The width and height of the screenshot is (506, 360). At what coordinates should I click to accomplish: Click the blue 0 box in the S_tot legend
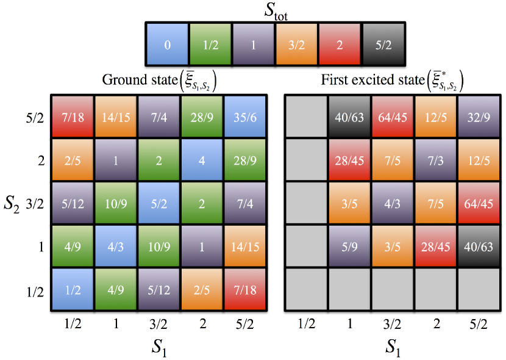[167, 45]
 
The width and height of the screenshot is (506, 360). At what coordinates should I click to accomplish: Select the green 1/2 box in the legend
[210, 45]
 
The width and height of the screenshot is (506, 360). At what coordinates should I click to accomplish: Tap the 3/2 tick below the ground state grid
[158, 319]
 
